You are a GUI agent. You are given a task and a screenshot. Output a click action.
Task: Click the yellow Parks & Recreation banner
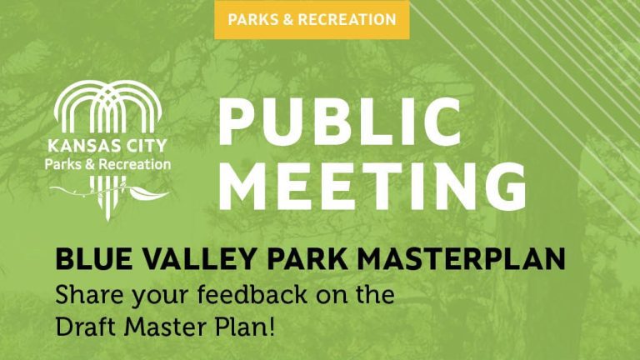(312, 20)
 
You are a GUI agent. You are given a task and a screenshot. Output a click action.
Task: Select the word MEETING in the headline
(372, 186)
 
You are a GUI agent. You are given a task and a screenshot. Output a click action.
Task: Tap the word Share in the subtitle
(90, 295)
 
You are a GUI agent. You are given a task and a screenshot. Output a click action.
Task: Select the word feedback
(252, 295)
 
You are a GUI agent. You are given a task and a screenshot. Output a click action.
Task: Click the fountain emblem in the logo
(107, 107)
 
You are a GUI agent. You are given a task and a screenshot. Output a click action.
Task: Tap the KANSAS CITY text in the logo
(107, 146)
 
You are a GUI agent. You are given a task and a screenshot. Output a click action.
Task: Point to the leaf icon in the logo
(148, 193)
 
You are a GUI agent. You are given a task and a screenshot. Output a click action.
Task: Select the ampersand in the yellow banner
(287, 20)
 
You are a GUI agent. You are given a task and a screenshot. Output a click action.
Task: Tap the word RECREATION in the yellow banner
(347, 20)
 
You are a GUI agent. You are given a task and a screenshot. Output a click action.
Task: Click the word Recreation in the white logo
(135, 164)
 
